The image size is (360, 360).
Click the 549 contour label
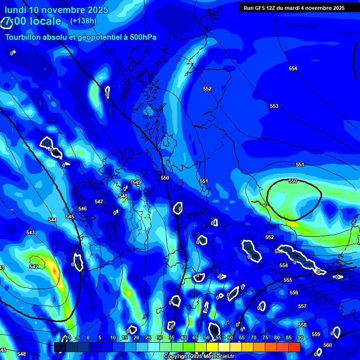tap(137, 183)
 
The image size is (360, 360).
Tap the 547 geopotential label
tap(99, 202)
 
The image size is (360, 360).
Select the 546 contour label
tap(82, 209)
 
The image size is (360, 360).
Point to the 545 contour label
tap(70, 217)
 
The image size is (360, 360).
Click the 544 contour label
tap(52, 220)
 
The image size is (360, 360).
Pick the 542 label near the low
tap(34, 267)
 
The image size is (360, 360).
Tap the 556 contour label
tap(294, 293)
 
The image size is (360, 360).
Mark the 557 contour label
tap(302, 307)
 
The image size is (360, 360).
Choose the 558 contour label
tap(302, 325)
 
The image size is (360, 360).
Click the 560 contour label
tap(327, 345)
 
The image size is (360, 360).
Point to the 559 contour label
tap(316, 335)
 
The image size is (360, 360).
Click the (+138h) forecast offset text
tap(83, 21)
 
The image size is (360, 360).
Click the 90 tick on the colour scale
tap(300, 337)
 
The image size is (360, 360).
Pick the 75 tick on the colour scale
tap(265, 337)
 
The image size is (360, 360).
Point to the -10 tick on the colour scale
tap(67, 337)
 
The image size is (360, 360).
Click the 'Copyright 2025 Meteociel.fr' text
tap(199, 357)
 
